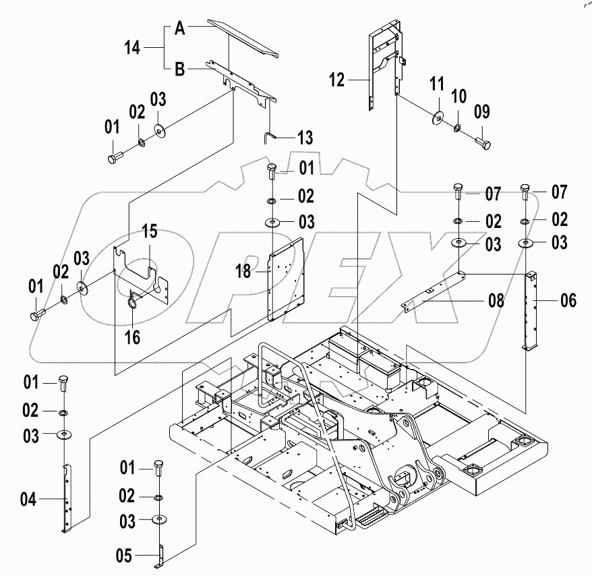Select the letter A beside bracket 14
pyautogui.click(x=179, y=28)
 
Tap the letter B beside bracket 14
pyautogui.click(x=179, y=68)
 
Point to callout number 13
pyautogui.click(x=305, y=138)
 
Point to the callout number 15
pyautogui.click(x=149, y=232)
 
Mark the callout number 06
pyautogui.click(x=568, y=301)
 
